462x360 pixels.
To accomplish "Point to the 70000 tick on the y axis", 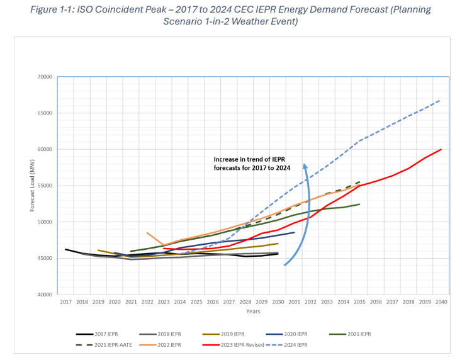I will click(x=45, y=77).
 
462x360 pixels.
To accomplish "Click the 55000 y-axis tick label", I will click(x=45, y=186).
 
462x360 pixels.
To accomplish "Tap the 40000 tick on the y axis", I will click(x=45, y=295).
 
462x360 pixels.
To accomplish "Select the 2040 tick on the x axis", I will click(x=441, y=303).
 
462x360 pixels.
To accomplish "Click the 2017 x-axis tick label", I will click(x=65, y=303).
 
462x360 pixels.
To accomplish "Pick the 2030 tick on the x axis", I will click(x=278, y=303).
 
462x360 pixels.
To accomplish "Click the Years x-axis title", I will click(x=252, y=311).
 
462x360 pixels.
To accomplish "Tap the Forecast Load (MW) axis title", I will click(x=33, y=186).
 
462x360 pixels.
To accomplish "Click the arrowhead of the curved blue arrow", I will click(x=305, y=166).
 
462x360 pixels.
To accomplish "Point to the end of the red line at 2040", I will click(x=441, y=149).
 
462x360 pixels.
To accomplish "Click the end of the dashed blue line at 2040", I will click(x=440, y=100).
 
